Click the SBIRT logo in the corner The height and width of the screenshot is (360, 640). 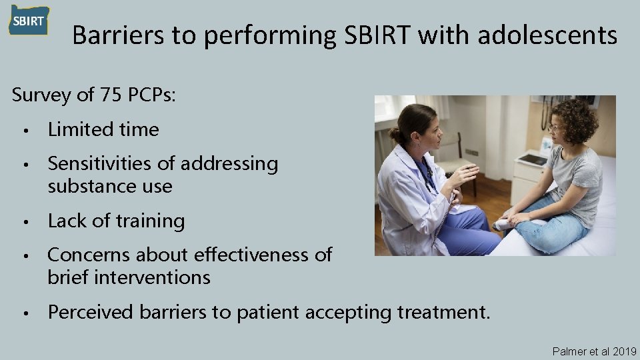[x=29, y=20]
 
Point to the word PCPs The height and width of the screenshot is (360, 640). [x=150, y=95]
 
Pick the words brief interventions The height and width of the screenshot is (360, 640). [x=129, y=277]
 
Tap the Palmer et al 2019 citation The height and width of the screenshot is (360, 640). [x=594, y=351]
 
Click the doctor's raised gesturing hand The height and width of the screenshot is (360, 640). [x=464, y=175]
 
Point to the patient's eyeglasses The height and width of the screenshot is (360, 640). [x=555, y=128]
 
